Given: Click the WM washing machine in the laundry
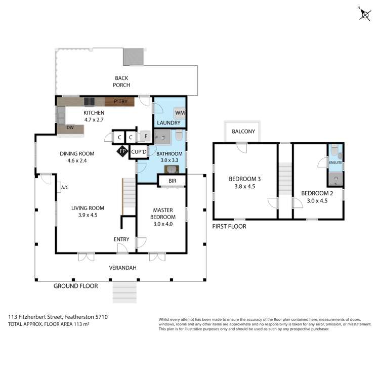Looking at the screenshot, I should tap(179, 112).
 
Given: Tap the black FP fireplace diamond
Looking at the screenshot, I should tap(122, 151).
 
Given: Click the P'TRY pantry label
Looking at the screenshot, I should tap(123, 102).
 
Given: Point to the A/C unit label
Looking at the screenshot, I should tap(65, 187).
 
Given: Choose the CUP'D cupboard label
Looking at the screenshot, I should tap(139, 152).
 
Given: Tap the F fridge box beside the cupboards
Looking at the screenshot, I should tap(145, 136).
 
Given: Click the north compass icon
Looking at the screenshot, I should tap(364, 14).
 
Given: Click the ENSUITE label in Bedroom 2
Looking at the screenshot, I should tap(335, 163).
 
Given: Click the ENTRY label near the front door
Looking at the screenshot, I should tap(121, 239).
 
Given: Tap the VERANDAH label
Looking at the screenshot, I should tap(122, 268).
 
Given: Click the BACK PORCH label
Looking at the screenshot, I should tap(121, 81).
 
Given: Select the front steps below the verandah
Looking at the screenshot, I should tap(124, 292).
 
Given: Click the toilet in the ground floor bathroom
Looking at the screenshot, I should tap(179, 137).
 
